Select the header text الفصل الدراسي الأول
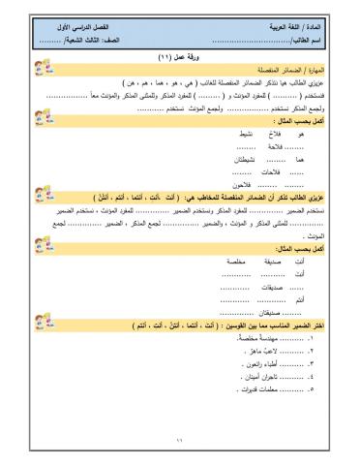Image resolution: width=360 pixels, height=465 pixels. coord(98,29)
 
